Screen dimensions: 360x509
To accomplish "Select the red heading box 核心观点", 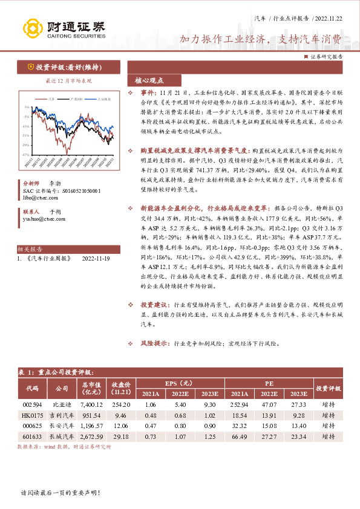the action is tap(149, 80).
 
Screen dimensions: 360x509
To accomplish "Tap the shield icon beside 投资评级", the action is tap(30, 67).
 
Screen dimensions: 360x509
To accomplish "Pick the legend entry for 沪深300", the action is tap(76, 98).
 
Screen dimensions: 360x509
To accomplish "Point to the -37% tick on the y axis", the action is tap(26, 155).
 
